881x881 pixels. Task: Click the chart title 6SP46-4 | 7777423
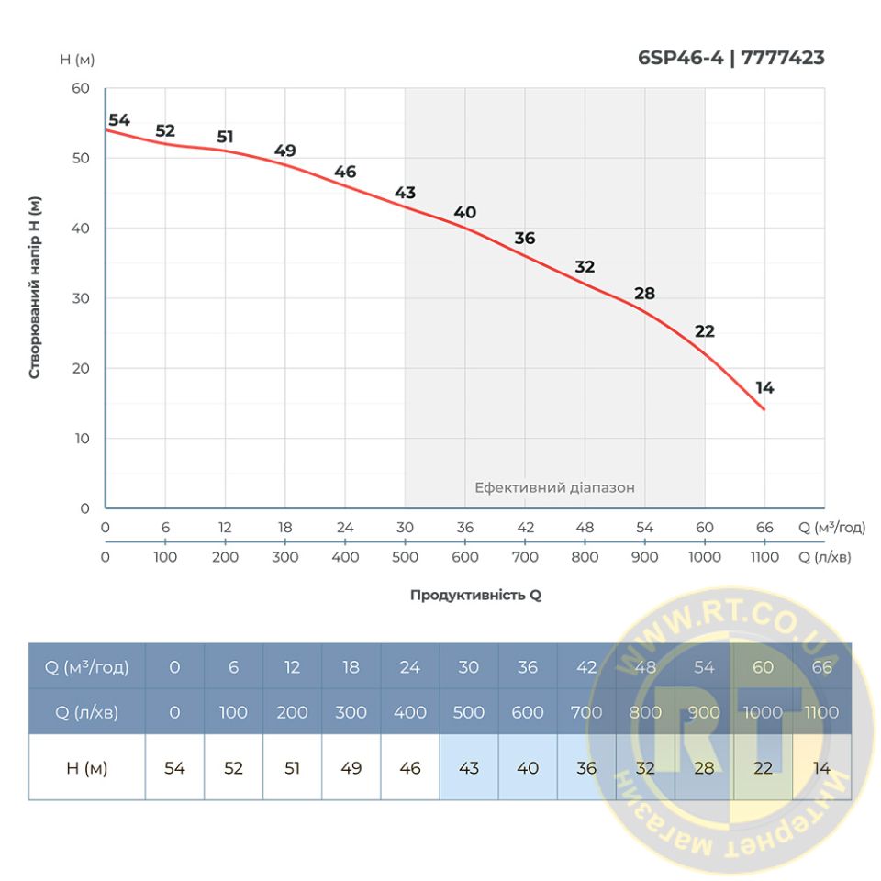click(x=730, y=59)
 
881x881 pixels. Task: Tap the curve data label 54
click(x=119, y=120)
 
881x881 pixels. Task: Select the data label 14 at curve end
click(x=764, y=388)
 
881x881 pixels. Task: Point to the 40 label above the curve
click(x=465, y=213)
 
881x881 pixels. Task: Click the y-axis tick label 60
click(x=80, y=89)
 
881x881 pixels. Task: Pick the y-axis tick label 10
click(x=80, y=439)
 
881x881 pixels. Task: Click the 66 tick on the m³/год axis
click(x=764, y=528)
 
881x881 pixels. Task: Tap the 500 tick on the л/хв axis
click(x=405, y=557)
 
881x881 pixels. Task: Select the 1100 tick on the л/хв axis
click(x=764, y=557)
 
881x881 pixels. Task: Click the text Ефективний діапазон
click(x=554, y=488)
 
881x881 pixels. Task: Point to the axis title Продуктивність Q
click(x=475, y=595)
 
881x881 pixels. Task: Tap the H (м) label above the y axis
click(x=77, y=60)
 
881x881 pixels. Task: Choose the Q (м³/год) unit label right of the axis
click(x=831, y=528)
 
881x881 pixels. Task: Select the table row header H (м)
click(x=87, y=768)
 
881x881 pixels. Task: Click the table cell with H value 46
click(x=410, y=768)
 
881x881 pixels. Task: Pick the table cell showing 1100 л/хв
click(x=821, y=712)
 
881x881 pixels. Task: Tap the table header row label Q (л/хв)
click(x=87, y=712)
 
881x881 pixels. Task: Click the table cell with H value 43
click(x=469, y=768)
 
